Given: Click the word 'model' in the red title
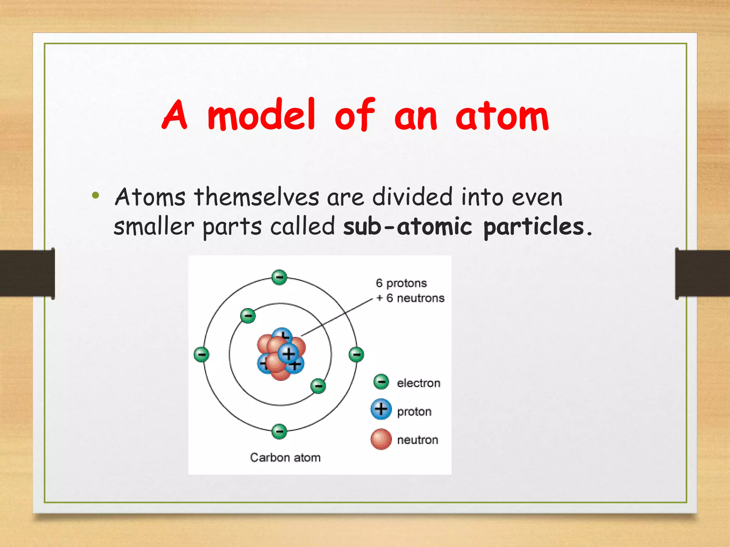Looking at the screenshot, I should pos(261,115).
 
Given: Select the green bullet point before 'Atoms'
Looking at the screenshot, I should pos(95,195).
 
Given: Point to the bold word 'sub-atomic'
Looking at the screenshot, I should pos(407,227).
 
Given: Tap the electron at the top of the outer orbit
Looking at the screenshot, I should pos(279,277).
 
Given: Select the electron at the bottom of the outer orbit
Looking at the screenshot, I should pos(279,431).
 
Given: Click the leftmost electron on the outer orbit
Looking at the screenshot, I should pos(201,354).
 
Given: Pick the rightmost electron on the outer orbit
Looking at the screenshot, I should pos(356,354).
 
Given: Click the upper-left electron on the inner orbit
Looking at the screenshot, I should pos(248,316).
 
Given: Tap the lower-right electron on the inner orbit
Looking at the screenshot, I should pos(318,386).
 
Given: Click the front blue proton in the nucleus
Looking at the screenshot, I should pos(288,353).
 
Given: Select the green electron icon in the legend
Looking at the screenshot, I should pos(381,381).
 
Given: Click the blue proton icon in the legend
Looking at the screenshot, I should pos(381,409).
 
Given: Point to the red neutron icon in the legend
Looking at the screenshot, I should pos(381,439).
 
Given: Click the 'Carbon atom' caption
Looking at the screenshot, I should pos(285,457).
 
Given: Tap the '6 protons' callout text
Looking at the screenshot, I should pos(401,283).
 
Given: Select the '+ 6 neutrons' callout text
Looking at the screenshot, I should pos(410,298).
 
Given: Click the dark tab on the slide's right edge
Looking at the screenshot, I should pos(702,273).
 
